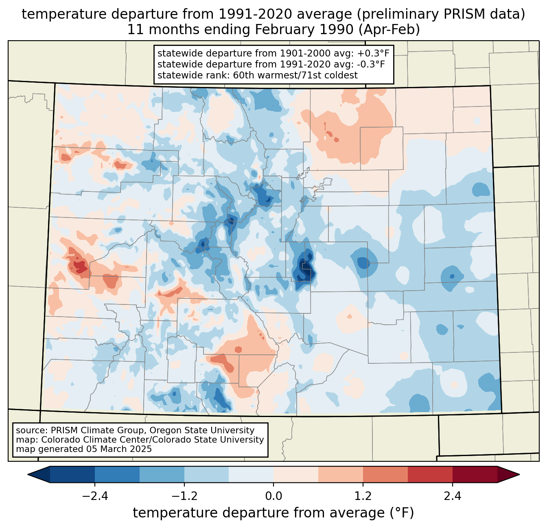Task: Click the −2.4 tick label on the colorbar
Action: click(x=95, y=496)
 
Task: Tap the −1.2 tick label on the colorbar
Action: click(x=184, y=496)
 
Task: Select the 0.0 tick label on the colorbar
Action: click(x=273, y=496)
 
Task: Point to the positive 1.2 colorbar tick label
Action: click(x=363, y=496)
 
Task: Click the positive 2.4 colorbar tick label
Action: click(x=452, y=496)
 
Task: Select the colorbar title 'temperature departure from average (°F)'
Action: click(x=273, y=513)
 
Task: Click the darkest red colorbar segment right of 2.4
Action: click(x=475, y=474)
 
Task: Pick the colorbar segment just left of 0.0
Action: click(x=251, y=474)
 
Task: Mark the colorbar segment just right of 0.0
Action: click(x=296, y=474)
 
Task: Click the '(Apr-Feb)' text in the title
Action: click(x=393, y=30)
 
